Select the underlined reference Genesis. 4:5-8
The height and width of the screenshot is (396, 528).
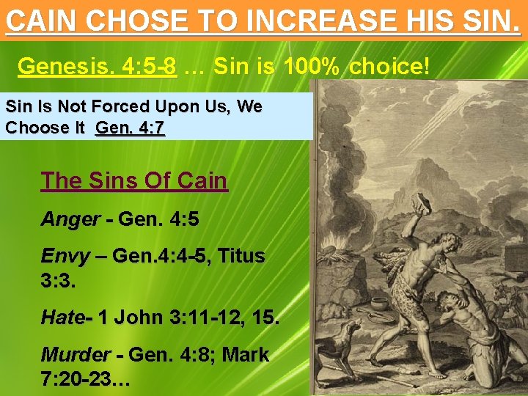[x=97, y=67]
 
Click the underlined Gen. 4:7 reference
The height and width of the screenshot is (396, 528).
[x=130, y=128]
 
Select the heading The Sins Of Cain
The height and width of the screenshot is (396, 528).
[x=134, y=180]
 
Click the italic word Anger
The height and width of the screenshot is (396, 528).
[x=70, y=219]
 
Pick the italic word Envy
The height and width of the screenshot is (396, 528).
[x=65, y=257]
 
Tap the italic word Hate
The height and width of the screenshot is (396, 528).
[x=62, y=318]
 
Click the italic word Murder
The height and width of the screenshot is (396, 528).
[x=76, y=355]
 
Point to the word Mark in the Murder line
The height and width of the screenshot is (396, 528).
[x=245, y=355]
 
